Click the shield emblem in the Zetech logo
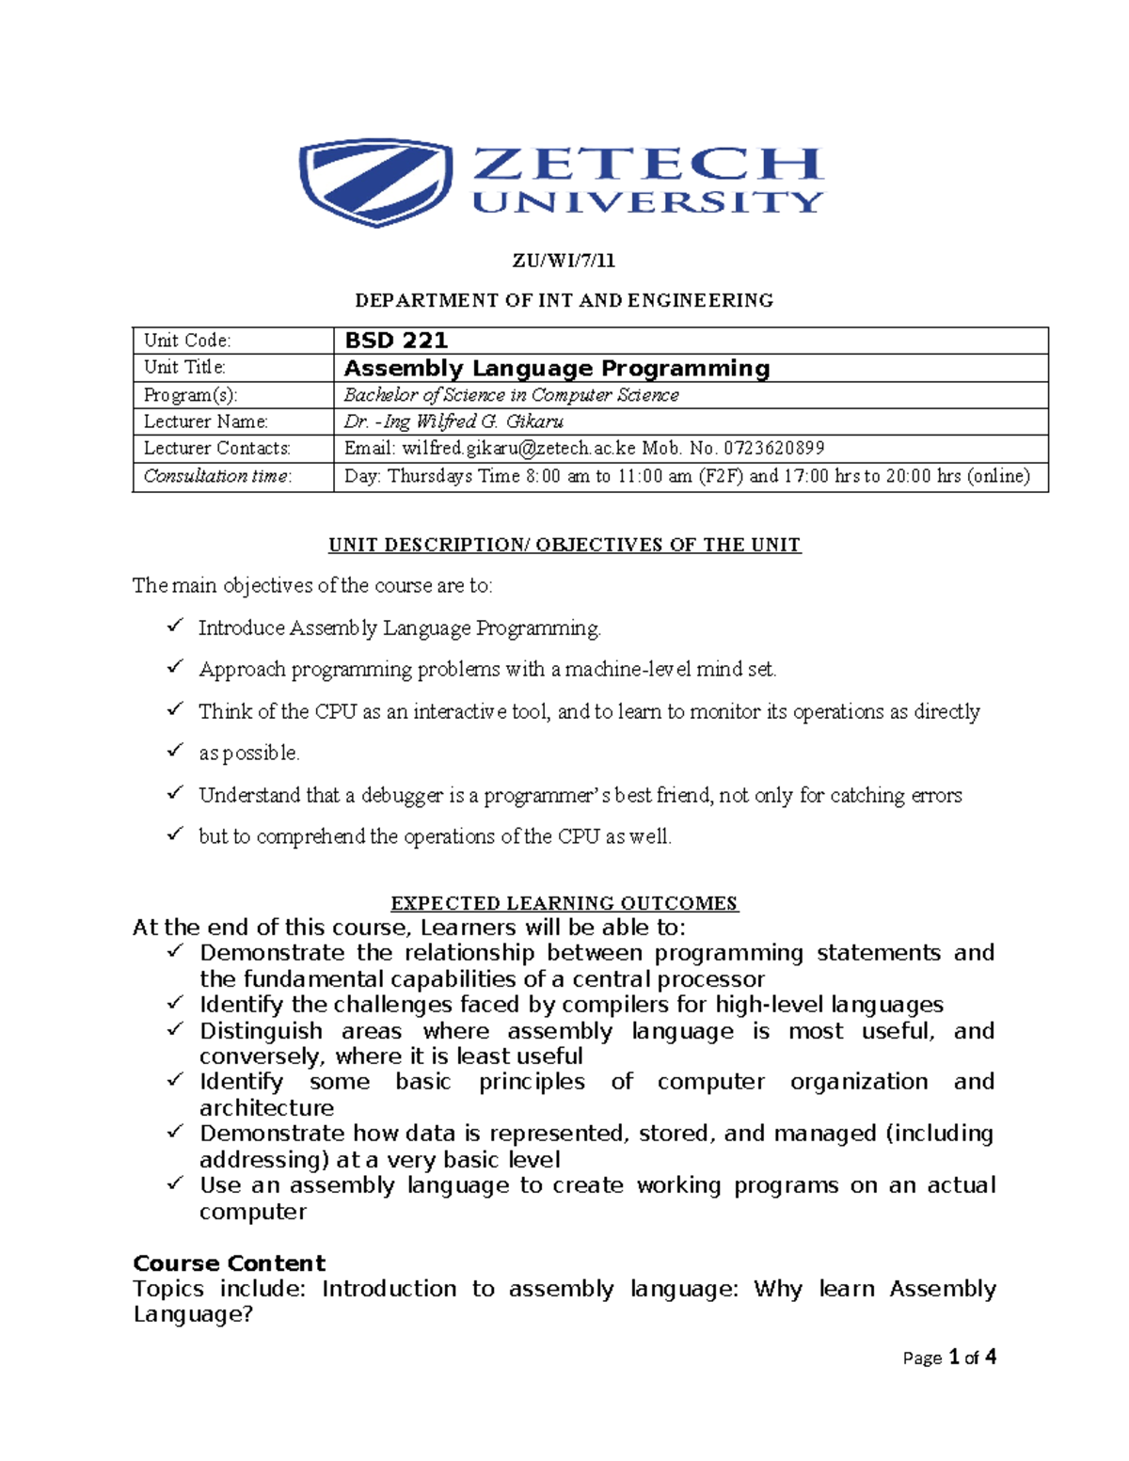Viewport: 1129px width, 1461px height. pos(374,182)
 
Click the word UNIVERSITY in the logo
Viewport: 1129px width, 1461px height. pos(647,202)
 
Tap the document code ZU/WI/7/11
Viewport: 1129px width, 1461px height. pos(564,261)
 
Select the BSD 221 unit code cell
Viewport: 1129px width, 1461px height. pos(396,341)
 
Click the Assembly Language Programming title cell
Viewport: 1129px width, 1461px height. pos(557,368)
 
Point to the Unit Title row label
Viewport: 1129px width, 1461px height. pos(184,367)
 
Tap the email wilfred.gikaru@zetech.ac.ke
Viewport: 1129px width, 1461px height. pos(518,449)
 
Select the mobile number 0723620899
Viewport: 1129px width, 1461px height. pos(773,449)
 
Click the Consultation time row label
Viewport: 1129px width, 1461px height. pos(217,476)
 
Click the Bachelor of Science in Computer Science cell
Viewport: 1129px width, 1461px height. pos(511,395)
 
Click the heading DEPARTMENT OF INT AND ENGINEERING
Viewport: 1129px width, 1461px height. pos(564,300)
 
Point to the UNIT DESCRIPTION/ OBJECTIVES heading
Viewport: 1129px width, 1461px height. pos(564,545)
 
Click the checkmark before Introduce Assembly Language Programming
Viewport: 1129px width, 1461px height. pos(175,625)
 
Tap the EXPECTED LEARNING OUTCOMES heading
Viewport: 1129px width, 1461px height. pos(564,903)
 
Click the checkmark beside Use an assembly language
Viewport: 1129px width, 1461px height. pos(175,1183)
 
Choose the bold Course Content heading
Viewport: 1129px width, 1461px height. pos(229,1262)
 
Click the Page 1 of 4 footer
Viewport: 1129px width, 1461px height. pos(948,1357)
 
